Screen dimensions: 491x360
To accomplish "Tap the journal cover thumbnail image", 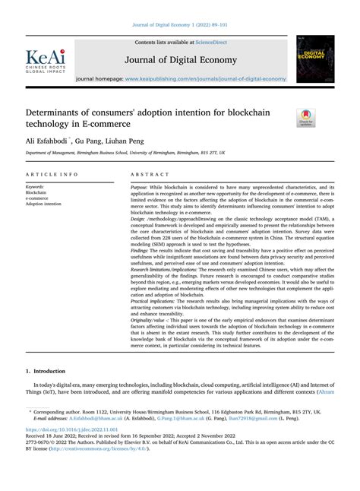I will coord(313,59).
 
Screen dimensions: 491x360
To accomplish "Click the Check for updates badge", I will coord(306,116).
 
